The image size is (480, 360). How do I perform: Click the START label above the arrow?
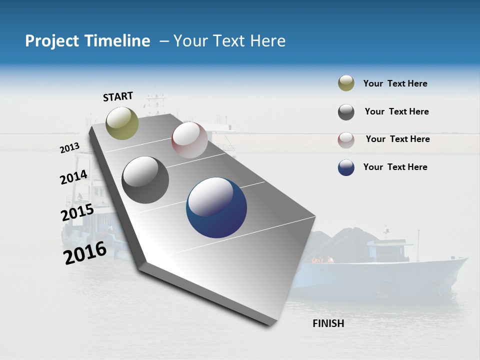118,96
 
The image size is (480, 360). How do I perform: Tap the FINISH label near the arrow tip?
328,323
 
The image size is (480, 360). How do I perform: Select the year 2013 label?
69,148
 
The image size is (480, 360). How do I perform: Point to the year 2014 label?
73,177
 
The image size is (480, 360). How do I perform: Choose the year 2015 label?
77,212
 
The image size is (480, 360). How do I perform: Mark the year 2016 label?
85,253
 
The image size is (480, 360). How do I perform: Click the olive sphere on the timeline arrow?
122,123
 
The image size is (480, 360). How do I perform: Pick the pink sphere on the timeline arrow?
189,140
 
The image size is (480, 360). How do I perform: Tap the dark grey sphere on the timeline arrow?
145,180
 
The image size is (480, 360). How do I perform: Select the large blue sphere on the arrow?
216,207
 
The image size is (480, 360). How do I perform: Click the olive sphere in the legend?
346,83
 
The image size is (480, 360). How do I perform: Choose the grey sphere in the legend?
346,112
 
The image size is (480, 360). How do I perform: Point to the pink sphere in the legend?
346,140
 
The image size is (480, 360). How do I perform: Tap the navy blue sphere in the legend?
346,167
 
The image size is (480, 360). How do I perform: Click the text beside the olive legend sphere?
395,83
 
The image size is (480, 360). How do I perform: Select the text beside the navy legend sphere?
395,167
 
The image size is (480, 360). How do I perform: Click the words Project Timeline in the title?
87,41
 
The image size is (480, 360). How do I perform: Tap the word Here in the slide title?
267,41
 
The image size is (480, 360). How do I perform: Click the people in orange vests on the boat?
322,260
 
